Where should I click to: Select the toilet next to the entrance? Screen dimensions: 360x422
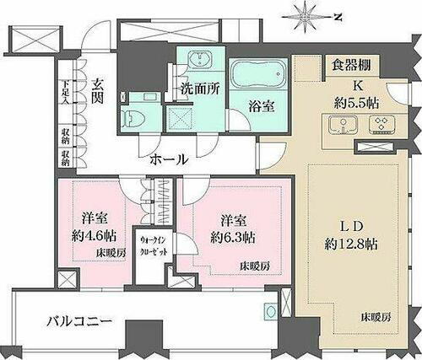133,117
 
